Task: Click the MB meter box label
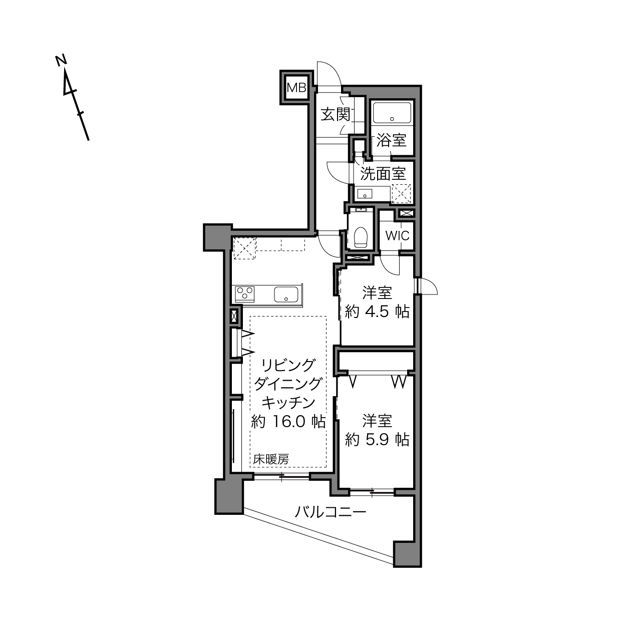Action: coord(296,88)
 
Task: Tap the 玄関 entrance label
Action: coord(336,114)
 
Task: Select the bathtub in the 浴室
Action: coord(392,113)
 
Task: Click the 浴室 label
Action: coord(392,140)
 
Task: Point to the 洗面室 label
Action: coord(383,174)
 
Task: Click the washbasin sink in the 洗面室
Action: coord(365,194)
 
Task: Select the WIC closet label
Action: coord(397,235)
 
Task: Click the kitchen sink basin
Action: coord(286,294)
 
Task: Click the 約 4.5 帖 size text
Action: coord(377,312)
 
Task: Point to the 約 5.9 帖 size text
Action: coord(377,440)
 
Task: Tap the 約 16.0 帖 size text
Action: coord(288,422)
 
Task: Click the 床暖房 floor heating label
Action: coord(271,459)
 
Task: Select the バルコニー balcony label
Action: coord(330,512)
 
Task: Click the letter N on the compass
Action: coord(61,60)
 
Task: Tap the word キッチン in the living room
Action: coord(288,403)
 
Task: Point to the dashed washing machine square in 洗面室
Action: coord(401,194)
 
